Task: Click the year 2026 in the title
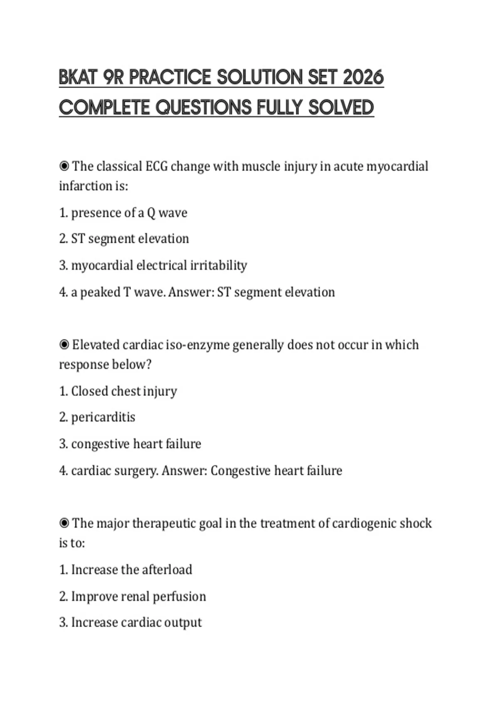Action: pyautogui.click(x=363, y=77)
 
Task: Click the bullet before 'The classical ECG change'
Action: pyautogui.click(x=64, y=166)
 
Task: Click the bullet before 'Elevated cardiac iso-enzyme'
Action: pyautogui.click(x=64, y=345)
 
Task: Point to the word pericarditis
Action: pyautogui.click(x=103, y=417)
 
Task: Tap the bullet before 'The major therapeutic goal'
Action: pyautogui.click(x=64, y=523)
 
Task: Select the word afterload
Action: pyautogui.click(x=167, y=569)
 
